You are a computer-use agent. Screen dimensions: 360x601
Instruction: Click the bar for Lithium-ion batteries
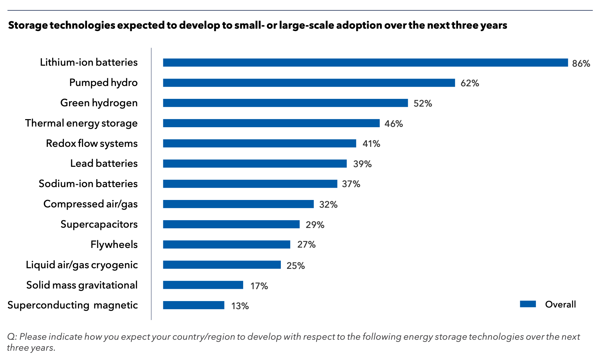point(365,63)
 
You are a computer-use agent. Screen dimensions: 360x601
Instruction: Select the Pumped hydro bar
point(309,83)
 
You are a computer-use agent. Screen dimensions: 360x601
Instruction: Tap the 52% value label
point(423,103)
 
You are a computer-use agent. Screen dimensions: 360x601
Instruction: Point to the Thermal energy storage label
point(81,123)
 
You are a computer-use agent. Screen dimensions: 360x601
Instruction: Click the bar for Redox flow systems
point(260,143)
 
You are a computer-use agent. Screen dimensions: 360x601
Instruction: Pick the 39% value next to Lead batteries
point(362,164)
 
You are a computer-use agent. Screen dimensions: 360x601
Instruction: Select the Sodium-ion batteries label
point(88,184)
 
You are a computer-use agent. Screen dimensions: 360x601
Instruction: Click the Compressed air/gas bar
point(238,204)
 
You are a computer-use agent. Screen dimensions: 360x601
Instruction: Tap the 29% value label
point(315,225)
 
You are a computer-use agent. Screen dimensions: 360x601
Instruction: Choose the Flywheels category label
point(114,244)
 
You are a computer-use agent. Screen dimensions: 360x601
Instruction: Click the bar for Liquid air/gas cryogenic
point(222,265)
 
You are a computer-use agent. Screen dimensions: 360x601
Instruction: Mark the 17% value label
point(259,286)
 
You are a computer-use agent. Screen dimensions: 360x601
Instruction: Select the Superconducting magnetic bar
point(194,305)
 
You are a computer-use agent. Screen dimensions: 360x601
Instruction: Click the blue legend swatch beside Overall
point(528,304)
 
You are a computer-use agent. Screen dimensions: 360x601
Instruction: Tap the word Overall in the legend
point(560,304)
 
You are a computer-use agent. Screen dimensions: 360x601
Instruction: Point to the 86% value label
point(581,63)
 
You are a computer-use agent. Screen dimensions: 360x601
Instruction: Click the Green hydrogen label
point(99,103)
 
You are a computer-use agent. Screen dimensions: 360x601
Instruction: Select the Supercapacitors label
point(99,224)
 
